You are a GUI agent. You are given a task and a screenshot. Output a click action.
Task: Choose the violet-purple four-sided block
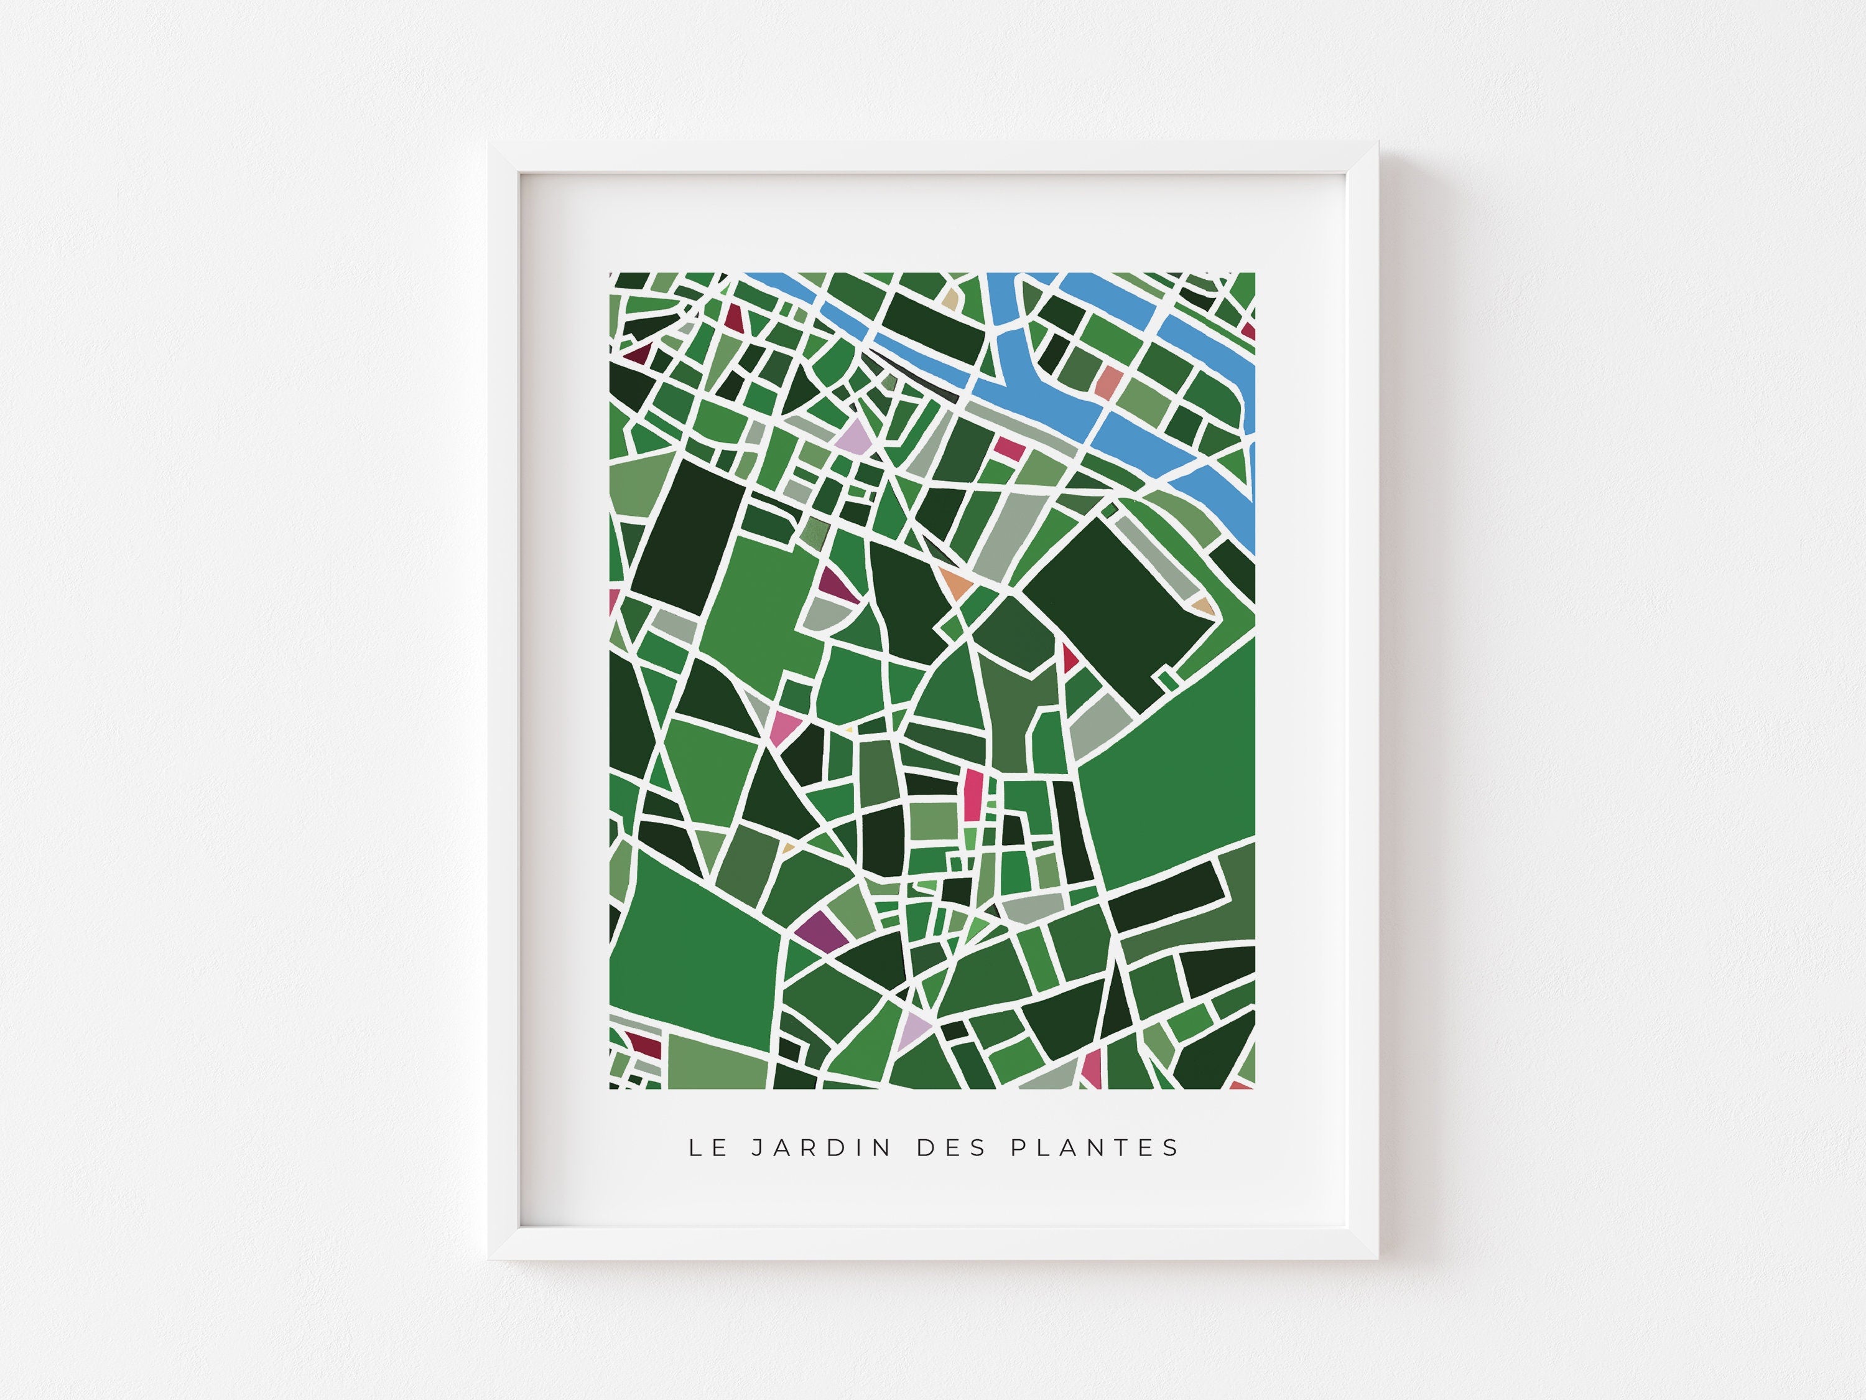[x=815, y=930]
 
